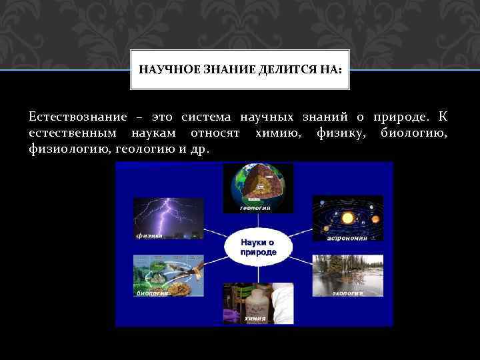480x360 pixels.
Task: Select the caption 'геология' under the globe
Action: (x=255, y=208)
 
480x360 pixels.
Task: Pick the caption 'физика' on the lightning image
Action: (x=148, y=235)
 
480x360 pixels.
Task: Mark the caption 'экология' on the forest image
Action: (x=347, y=292)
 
